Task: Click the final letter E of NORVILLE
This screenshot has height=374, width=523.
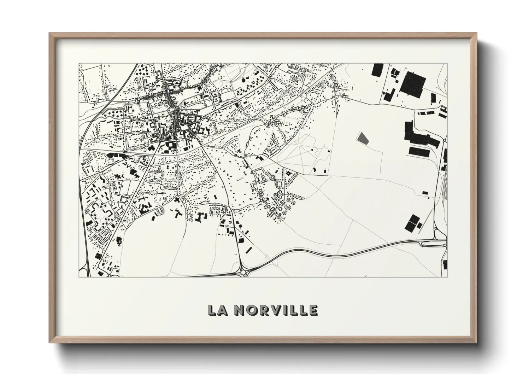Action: (313, 310)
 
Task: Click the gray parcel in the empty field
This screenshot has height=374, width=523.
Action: (362, 138)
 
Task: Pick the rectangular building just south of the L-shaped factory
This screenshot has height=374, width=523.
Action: (419, 151)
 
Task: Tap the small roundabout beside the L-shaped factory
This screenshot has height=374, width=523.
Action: (445, 140)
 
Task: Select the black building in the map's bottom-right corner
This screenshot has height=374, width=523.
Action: (445, 264)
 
